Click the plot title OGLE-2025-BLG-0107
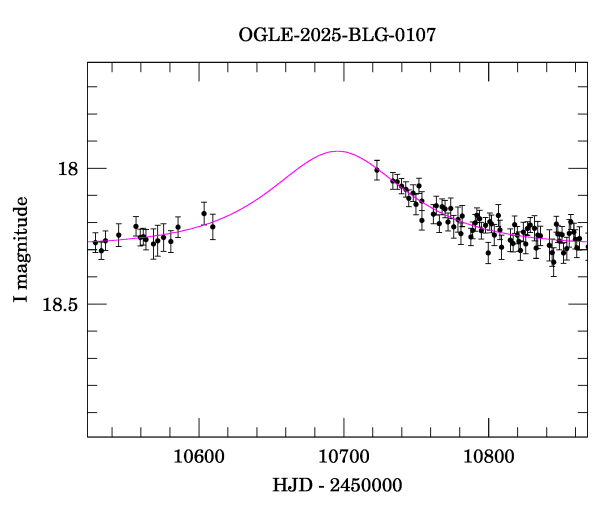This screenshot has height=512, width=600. click(337, 35)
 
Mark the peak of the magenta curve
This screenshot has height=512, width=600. click(338, 151)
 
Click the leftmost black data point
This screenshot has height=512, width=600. click(95, 242)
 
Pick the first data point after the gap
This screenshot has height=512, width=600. click(377, 170)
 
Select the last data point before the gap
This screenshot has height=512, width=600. click(212, 227)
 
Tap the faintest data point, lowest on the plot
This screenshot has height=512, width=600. click(553, 263)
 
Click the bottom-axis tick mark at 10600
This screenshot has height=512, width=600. click(199, 431)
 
